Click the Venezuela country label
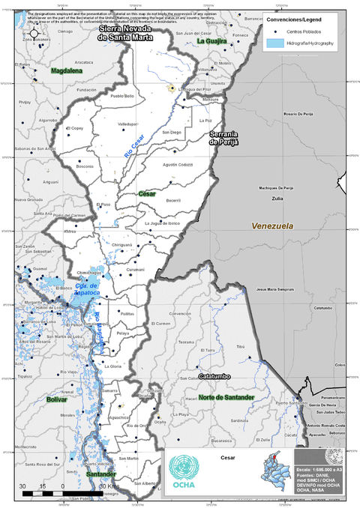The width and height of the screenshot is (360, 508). click(272, 226)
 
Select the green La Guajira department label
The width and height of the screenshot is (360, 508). click(211, 41)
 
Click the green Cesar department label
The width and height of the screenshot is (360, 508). click(147, 193)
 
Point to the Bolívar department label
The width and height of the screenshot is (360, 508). click(57, 400)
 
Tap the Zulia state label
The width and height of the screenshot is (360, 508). click(277, 199)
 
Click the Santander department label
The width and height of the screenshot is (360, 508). click(101, 474)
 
